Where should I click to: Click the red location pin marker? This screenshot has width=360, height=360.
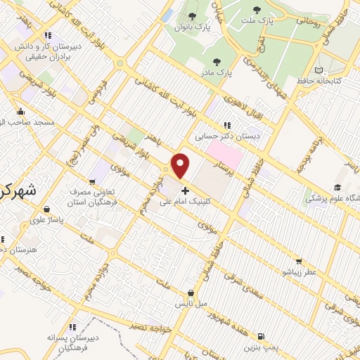click(181, 165)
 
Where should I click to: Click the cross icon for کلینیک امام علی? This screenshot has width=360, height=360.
click(185, 191)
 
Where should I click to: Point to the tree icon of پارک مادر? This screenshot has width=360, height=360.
click(217, 61)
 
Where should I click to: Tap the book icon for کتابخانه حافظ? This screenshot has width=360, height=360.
click(321, 70)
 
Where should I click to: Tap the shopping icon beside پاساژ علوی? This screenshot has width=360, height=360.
click(46, 209)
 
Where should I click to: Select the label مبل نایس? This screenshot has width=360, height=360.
click(191, 304)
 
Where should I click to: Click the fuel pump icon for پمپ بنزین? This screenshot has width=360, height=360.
click(262, 337)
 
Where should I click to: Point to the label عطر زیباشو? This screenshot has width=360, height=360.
click(300, 271)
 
